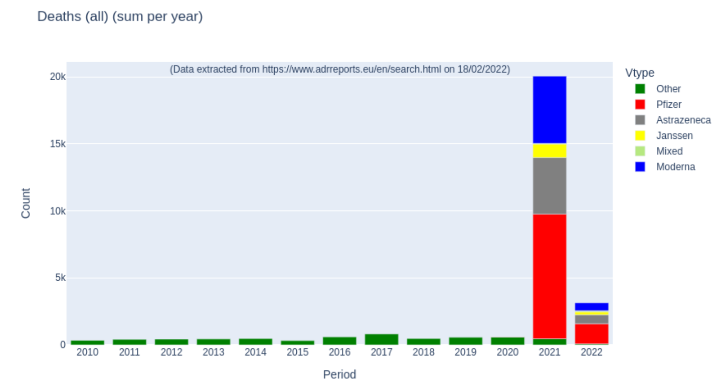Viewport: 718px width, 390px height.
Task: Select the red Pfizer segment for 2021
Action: pyautogui.click(x=549, y=276)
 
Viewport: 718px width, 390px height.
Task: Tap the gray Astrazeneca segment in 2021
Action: pyautogui.click(x=549, y=185)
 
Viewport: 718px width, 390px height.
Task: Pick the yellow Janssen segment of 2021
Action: pyautogui.click(x=549, y=150)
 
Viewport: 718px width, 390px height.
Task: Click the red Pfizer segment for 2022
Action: pyautogui.click(x=591, y=333)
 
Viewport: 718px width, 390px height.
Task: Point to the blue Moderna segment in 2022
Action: pyautogui.click(x=591, y=306)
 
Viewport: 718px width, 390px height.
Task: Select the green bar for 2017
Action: pyautogui.click(x=381, y=339)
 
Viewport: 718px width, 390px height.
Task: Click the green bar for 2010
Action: pyautogui.click(x=87, y=342)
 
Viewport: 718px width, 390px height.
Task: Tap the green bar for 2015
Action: pyautogui.click(x=297, y=342)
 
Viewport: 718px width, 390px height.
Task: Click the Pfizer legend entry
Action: pyautogui.click(x=668, y=104)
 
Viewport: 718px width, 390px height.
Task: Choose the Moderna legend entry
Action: pyautogui.click(x=675, y=167)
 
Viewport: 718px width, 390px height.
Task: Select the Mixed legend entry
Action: pyautogui.click(x=669, y=151)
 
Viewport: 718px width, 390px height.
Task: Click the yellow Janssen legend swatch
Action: pyautogui.click(x=640, y=135)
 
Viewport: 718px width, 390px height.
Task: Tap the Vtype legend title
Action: pyautogui.click(x=639, y=73)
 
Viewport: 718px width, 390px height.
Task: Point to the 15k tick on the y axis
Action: pyautogui.click(x=57, y=144)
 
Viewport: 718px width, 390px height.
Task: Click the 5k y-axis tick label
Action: pyautogui.click(x=60, y=278)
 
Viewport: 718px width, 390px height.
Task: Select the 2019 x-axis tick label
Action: pyautogui.click(x=465, y=352)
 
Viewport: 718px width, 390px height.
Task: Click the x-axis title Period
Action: pyautogui.click(x=339, y=374)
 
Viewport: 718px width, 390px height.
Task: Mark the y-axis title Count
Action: pyautogui.click(x=26, y=203)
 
